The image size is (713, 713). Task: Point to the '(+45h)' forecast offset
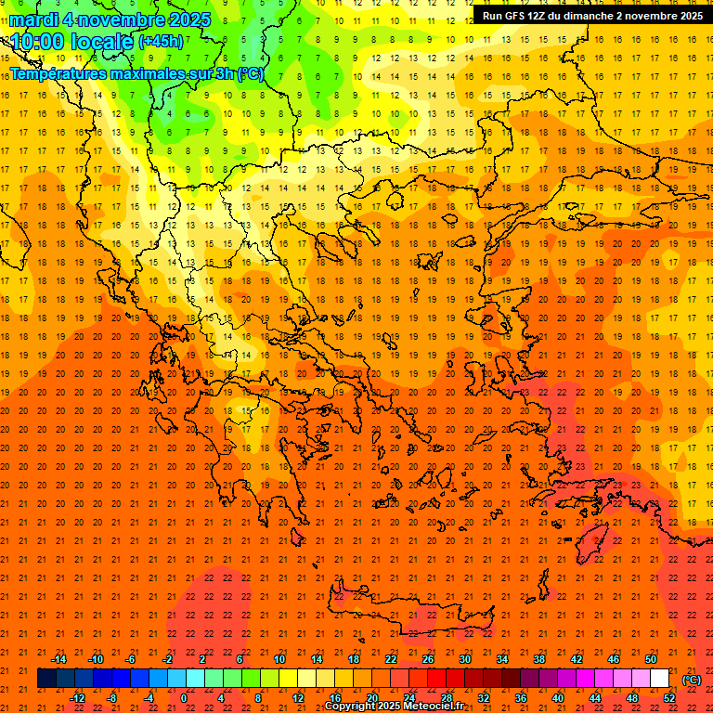pyautogui.click(x=160, y=42)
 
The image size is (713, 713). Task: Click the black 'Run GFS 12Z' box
pyautogui.click(x=591, y=15)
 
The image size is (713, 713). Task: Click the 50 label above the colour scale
pyautogui.click(x=651, y=659)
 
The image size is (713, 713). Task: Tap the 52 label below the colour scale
pyautogui.click(x=669, y=698)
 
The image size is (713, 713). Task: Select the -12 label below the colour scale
pyautogui.click(x=77, y=698)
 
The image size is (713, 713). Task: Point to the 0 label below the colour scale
pyautogui.click(x=183, y=698)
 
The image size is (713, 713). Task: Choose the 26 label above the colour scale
pyautogui.click(x=428, y=659)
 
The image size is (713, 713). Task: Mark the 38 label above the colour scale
pyautogui.click(x=539, y=659)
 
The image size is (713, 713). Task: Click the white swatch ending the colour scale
pyautogui.click(x=660, y=679)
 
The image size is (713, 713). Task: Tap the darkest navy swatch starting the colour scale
pyautogui.click(x=46, y=679)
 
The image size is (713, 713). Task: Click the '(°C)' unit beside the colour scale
pyautogui.click(x=692, y=680)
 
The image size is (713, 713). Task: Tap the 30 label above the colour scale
pyautogui.click(x=465, y=659)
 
